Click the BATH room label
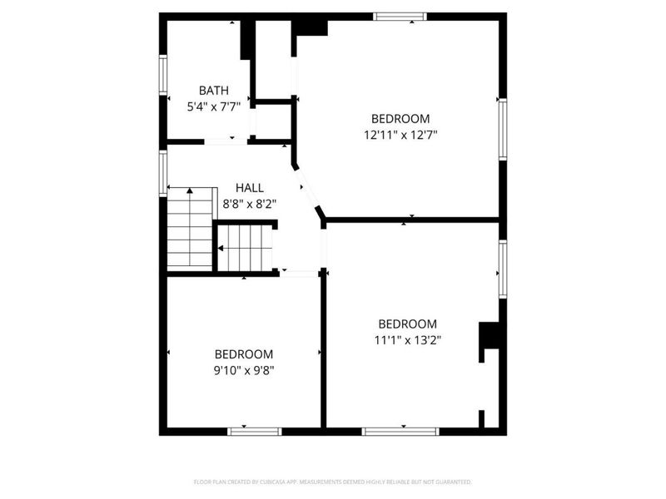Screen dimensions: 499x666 pos(213,90)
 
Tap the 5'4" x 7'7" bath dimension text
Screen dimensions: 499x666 pos(213,106)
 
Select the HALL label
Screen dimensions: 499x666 pos(249,188)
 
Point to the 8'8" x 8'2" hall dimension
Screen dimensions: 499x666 pos(249,203)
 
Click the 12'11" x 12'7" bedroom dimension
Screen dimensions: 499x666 pos(400,133)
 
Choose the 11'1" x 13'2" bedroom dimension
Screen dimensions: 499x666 pos(407,339)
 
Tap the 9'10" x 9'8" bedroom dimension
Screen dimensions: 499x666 pos(244,368)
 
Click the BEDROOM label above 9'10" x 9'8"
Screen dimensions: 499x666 pos(244,353)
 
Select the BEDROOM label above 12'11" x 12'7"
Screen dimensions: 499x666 pos(400,118)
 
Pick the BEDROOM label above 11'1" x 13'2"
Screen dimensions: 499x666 pos(407,324)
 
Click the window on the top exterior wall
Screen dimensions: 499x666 pos(400,16)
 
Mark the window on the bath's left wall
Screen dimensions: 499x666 pos(163,82)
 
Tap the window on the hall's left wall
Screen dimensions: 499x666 pos(163,173)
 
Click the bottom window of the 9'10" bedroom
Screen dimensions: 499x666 pos(256,431)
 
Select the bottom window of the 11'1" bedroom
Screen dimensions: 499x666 pos(400,431)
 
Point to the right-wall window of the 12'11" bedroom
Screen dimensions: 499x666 pos(502,129)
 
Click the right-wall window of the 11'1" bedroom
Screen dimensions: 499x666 pos(502,269)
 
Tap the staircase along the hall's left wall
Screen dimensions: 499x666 pos(190,228)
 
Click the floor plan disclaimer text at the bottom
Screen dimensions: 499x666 pos(332,482)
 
